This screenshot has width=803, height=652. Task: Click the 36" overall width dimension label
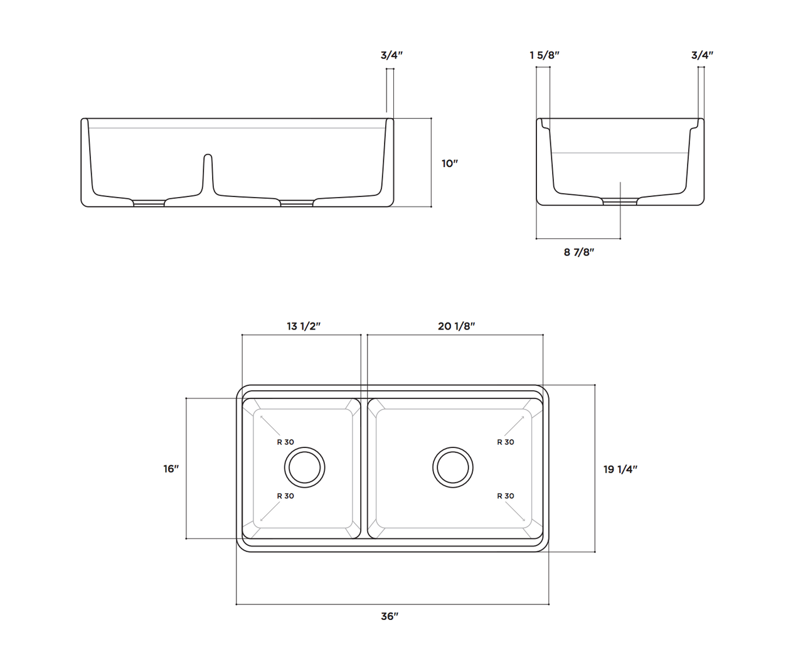[x=390, y=616]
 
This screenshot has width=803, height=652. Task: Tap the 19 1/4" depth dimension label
[x=620, y=469]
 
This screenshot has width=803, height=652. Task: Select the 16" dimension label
[x=171, y=469]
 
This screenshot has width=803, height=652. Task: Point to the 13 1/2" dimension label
[x=304, y=326]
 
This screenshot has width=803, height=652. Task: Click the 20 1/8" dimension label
[x=456, y=326]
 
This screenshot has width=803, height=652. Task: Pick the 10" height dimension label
[x=450, y=163]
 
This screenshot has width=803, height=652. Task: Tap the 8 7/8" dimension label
[x=578, y=252]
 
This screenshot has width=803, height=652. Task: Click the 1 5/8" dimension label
[x=545, y=55]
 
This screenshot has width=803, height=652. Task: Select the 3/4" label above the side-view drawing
[x=702, y=55]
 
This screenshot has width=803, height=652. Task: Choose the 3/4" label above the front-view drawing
[x=391, y=55]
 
